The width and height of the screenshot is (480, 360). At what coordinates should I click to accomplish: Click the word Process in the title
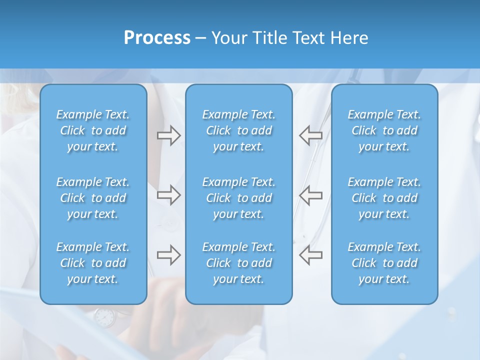pos(157,38)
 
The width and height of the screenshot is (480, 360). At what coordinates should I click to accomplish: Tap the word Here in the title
pos(349,38)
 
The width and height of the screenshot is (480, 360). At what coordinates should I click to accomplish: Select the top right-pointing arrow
pos(168,135)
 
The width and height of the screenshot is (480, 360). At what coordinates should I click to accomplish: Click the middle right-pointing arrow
pos(168,195)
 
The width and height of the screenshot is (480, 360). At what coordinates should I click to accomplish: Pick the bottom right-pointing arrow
pos(168,255)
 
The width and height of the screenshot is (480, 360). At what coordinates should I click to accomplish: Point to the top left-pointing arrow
pos(310,135)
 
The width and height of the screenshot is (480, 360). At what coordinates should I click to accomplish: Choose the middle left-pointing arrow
pos(310,195)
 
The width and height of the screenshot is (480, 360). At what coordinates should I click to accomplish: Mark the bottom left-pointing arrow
pos(310,255)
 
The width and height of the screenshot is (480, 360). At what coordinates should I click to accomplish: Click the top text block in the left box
pos(93,130)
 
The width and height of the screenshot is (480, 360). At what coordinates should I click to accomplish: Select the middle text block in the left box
pos(93,198)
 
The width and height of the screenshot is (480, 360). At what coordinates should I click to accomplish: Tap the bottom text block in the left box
pos(93,263)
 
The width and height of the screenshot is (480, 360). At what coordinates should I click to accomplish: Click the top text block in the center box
pos(239,130)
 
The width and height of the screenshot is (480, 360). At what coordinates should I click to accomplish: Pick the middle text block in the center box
pos(239,198)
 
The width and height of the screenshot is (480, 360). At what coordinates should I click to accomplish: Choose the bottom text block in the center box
pos(239,263)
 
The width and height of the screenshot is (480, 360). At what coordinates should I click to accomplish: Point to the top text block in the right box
pos(384,130)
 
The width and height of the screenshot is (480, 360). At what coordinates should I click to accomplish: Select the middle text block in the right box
pos(384,198)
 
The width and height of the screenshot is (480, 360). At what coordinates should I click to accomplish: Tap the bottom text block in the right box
pos(384,263)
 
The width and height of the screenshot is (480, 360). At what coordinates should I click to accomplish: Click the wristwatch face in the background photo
pos(104,316)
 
